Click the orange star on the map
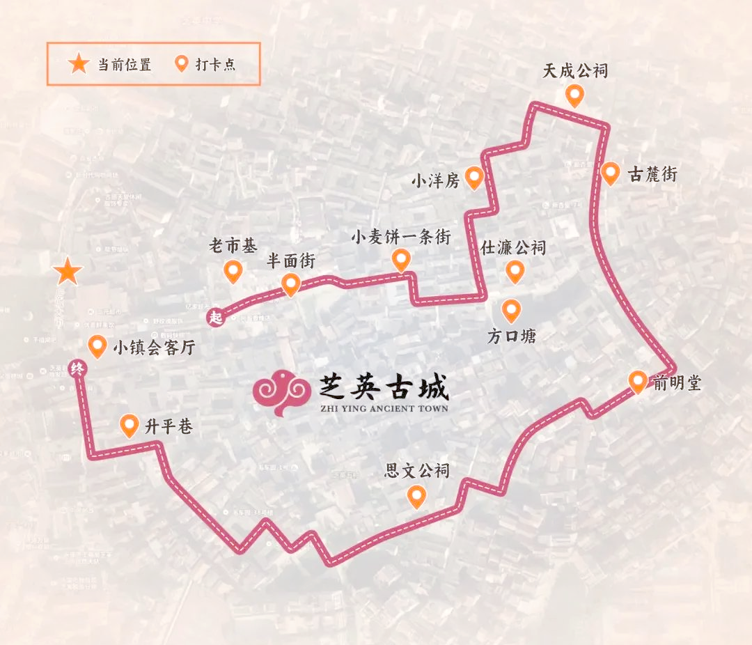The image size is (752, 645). (68, 271)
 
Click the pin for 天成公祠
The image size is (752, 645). (574, 95)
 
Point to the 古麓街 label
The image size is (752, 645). (652, 174)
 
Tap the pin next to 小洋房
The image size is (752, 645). (474, 178)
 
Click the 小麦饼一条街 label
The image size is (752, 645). (400, 238)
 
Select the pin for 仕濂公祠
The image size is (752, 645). (515, 272)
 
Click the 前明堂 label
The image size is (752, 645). (676, 383)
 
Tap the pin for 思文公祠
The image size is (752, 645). (416, 496)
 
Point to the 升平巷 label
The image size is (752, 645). (168, 426)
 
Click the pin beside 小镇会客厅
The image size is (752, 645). (97, 346)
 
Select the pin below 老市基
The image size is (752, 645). (233, 271)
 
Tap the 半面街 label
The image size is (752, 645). (291, 261)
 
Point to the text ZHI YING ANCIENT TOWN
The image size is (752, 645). (384, 408)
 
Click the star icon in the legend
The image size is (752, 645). (78, 65)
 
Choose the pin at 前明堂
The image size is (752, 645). (637, 381)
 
